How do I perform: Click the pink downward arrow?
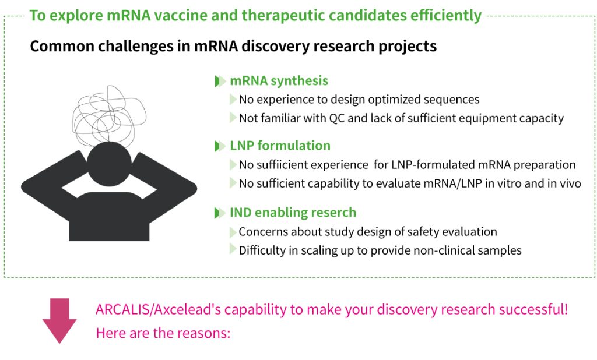[59, 320]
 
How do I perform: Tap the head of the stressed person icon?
[109, 164]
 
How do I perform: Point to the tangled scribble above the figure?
[109, 115]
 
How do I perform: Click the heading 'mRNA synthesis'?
[279, 80]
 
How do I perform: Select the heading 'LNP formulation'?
[280, 146]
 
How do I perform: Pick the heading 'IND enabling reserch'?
[293, 213]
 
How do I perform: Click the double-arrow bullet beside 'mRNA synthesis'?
[220, 81]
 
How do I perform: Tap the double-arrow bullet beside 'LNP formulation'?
[220, 146]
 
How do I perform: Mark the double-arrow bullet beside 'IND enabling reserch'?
[220, 213]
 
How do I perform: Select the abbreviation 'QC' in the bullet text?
[336, 118]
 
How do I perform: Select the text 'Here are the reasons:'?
[163, 333]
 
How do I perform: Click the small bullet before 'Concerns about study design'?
[233, 232]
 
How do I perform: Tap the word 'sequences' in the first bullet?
[451, 100]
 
